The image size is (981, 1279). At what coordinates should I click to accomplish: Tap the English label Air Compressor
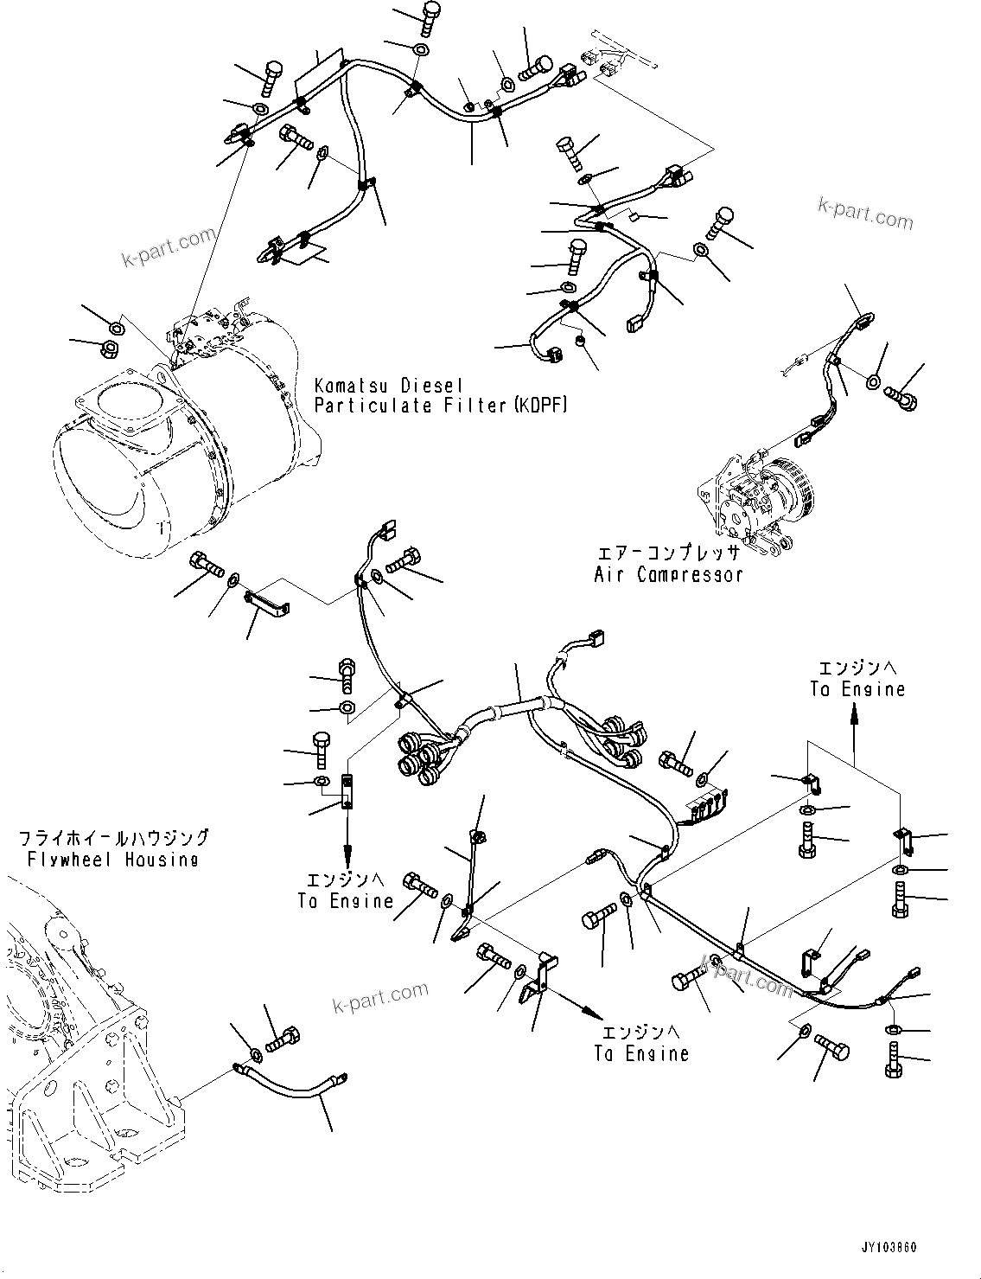coord(667,574)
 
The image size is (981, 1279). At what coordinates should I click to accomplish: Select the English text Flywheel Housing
coord(112,859)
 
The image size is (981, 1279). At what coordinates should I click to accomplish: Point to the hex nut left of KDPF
coord(110,349)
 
